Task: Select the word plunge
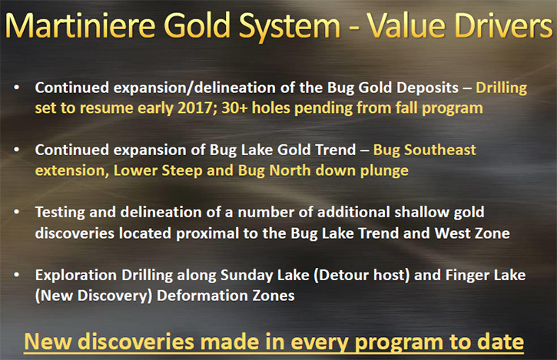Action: (x=384, y=171)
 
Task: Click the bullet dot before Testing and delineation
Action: (x=16, y=212)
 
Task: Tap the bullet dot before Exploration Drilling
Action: (x=16, y=275)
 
